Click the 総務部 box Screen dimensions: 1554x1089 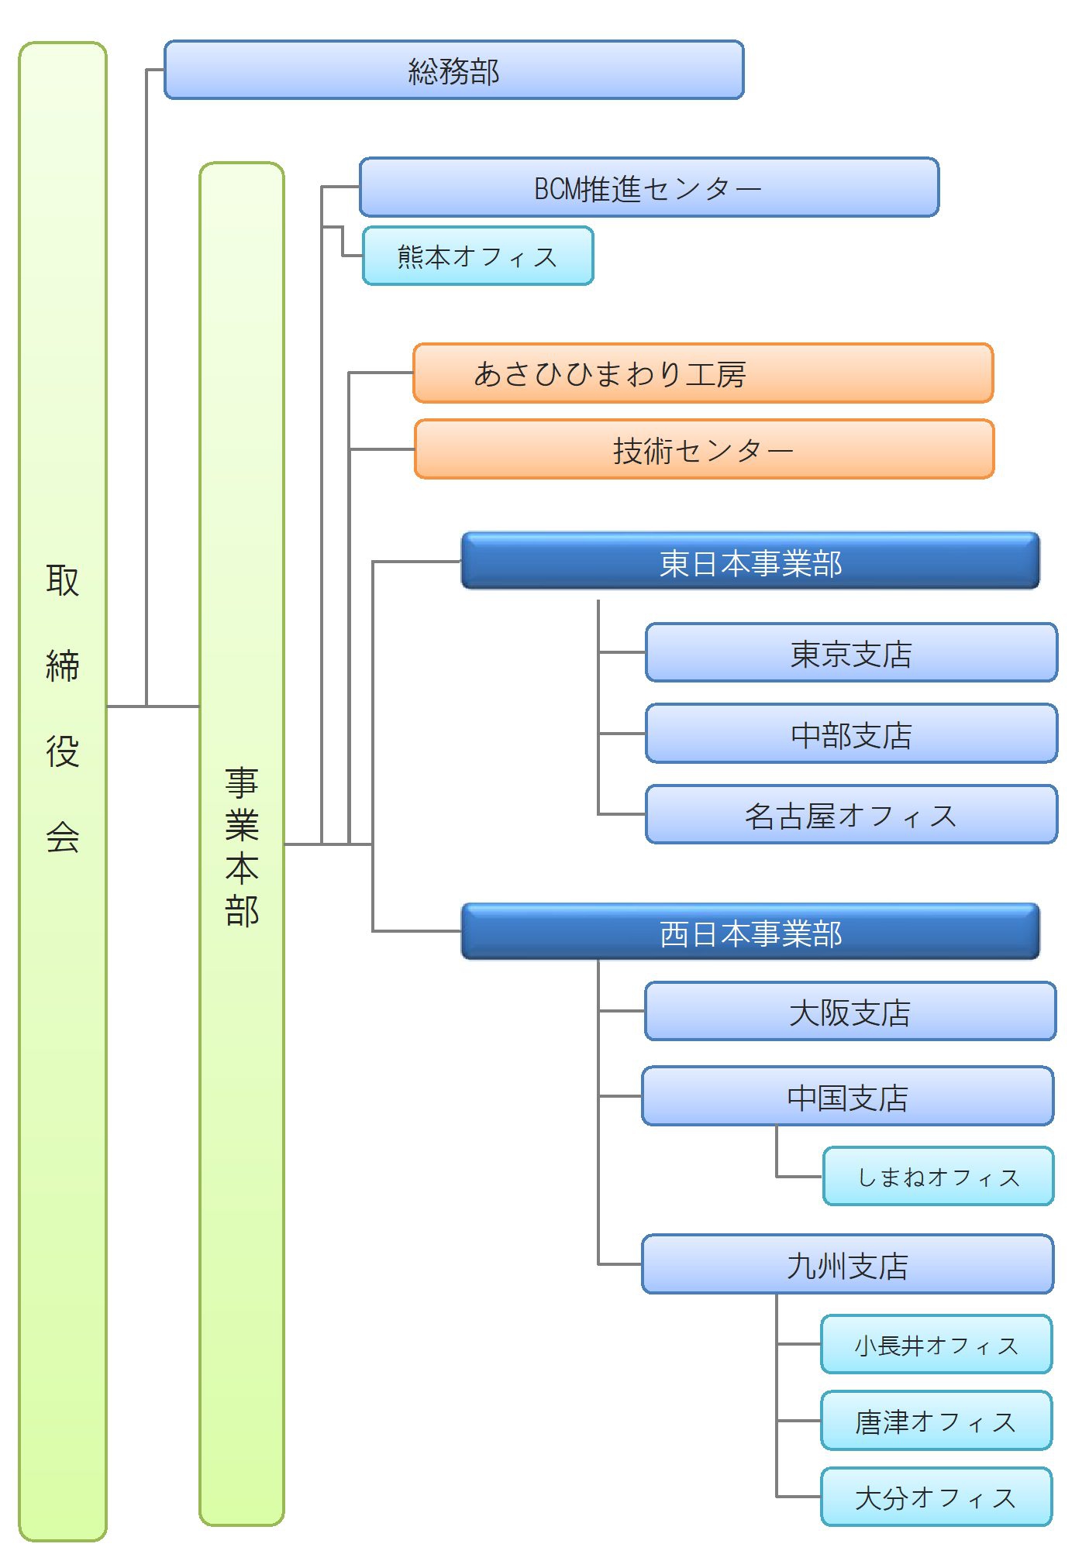tap(453, 70)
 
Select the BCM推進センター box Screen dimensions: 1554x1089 tap(649, 187)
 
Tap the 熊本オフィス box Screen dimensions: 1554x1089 tap(477, 256)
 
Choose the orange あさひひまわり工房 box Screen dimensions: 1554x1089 tap(702, 373)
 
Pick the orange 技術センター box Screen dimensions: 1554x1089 tap(704, 449)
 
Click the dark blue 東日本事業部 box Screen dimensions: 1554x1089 tap(750, 562)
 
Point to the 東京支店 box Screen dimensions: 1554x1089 tap(851, 653)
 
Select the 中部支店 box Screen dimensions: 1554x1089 tap(851, 734)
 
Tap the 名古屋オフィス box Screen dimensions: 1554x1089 tap(851, 815)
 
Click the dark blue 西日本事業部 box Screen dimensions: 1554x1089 tap(750, 933)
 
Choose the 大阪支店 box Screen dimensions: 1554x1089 tap(849, 1012)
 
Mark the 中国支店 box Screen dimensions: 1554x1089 tap(847, 1097)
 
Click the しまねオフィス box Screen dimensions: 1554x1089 tap(938, 1177)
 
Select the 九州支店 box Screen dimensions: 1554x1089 tap(847, 1265)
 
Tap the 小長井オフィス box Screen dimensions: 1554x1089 tap(936, 1345)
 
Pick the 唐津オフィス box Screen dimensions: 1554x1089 tap(936, 1421)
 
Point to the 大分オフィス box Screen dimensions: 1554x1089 tap(936, 1497)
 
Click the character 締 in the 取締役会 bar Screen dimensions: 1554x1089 tap(63, 665)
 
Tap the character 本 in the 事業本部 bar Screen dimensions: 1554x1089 tap(242, 868)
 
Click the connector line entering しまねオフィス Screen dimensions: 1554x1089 tap(798, 1177)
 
